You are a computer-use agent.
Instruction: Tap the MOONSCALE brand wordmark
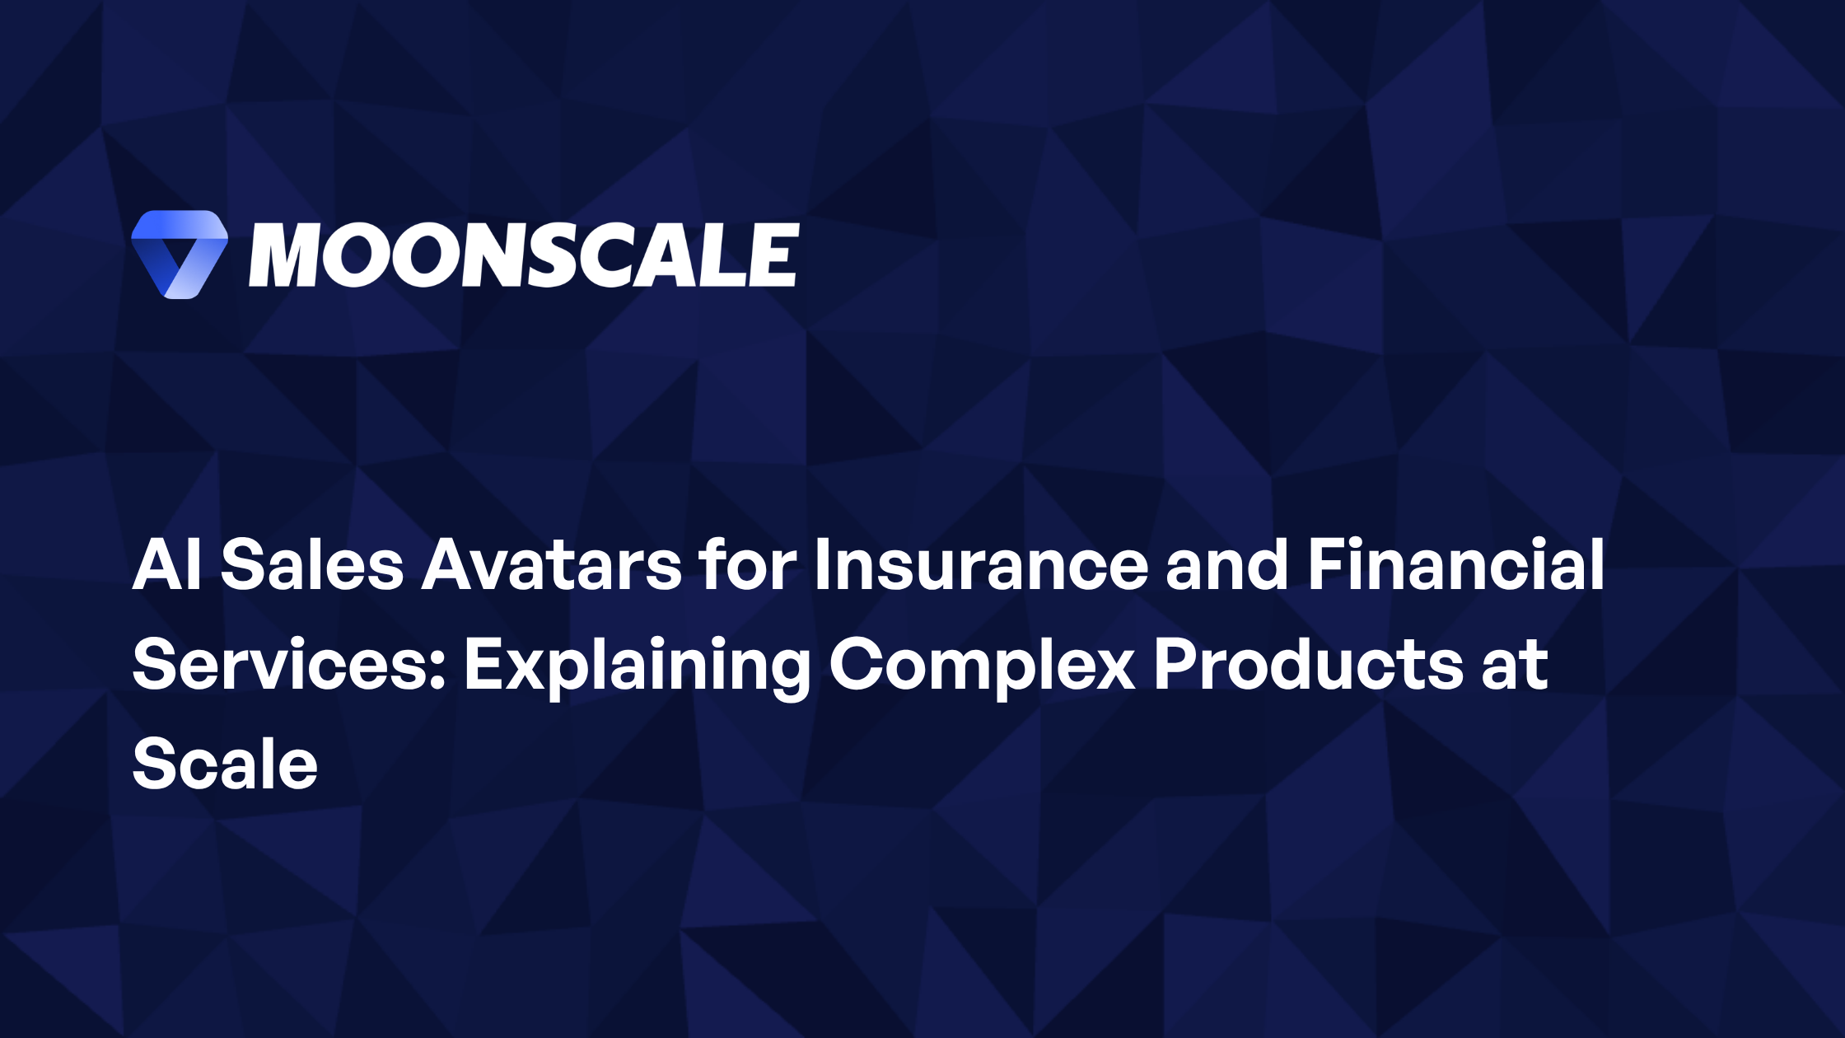pos(524,255)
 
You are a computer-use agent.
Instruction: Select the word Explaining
pos(637,667)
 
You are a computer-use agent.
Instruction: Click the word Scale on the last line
pos(225,764)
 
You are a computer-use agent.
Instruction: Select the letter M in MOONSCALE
pos(283,255)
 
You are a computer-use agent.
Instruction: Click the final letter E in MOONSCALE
pos(773,255)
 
